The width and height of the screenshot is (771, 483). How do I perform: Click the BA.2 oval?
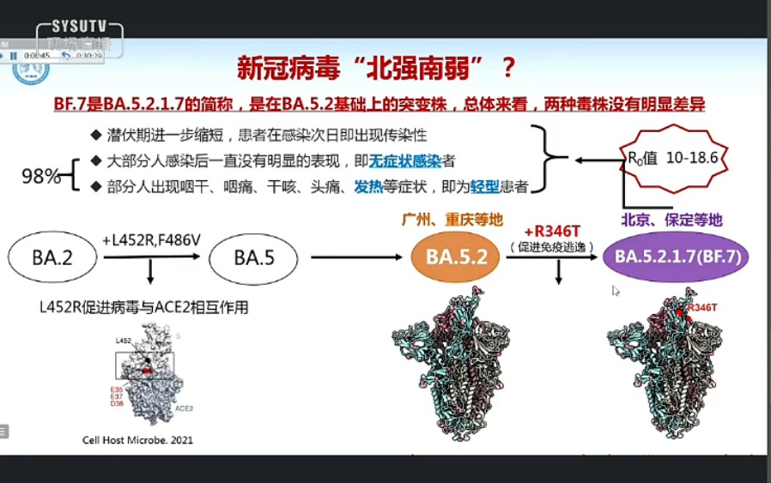point(52,257)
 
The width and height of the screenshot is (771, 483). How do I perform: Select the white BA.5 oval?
point(254,257)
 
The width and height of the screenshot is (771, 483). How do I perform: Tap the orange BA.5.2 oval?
point(457,257)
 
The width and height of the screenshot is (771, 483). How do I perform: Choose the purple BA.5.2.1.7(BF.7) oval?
point(676,257)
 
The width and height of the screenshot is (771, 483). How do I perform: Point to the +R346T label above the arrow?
point(559,232)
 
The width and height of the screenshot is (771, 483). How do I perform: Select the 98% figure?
point(40,177)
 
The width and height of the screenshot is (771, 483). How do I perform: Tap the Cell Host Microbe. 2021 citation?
point(137,440)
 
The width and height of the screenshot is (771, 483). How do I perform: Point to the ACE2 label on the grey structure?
point(184,409)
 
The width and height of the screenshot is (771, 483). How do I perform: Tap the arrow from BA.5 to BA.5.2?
point(354,257)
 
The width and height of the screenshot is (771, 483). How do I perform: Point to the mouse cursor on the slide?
point(616,291)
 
